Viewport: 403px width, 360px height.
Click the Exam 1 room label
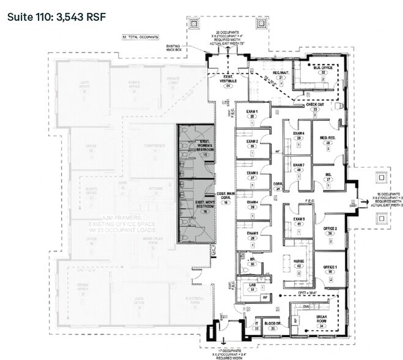(253, 111)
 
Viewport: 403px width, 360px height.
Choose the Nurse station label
(298, 260)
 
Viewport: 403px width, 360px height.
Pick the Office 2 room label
(330, 228)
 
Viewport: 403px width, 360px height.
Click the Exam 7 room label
(298, 165)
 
